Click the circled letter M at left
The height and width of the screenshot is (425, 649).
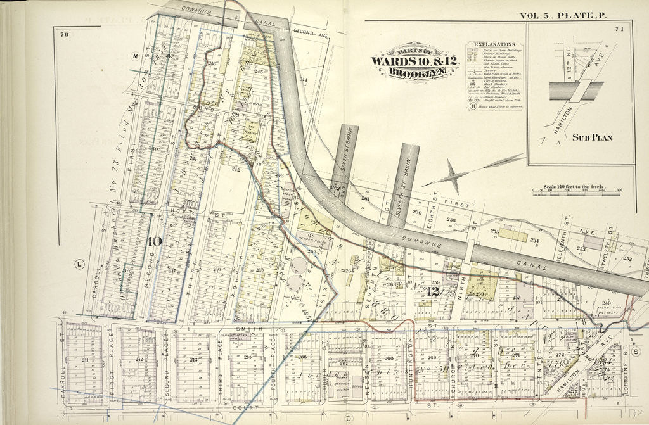(x=135, y=56)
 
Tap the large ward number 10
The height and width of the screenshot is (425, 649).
(x=155, y=241)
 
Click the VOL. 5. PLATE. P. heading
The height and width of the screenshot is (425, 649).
(x=562, y=15)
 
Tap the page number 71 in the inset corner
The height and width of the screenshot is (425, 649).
(x=619, y=29)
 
